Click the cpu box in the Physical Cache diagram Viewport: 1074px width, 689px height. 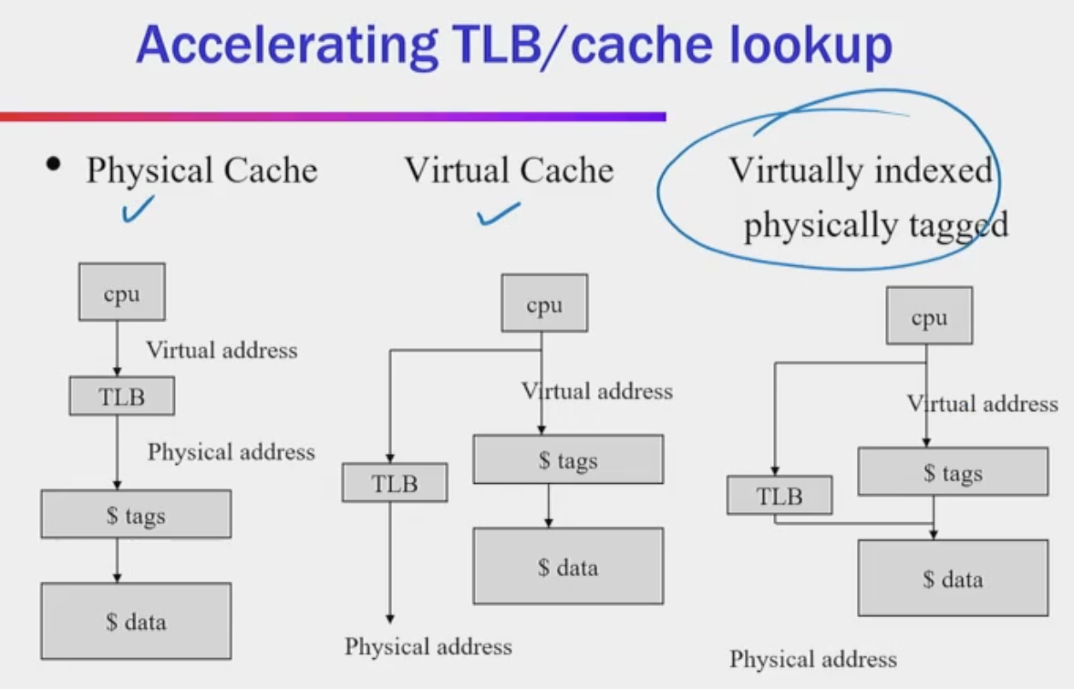(x=121, y=292)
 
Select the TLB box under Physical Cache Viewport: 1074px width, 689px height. (x=121, y=396)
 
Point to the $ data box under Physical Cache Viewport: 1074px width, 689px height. (x=136, y=622)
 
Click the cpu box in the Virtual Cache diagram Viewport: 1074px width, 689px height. (x=544, y=303)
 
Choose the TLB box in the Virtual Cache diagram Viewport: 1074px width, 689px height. (x=394, y=482)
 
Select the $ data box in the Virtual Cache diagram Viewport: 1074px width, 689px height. (x=567, y=566)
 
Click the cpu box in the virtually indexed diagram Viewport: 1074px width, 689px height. (x=929, y=315)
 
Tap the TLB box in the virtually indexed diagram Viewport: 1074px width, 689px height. (x=780, y=495)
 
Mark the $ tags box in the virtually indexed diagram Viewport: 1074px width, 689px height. (x=953, y=471)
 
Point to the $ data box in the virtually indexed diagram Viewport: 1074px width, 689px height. (x=953, y=578)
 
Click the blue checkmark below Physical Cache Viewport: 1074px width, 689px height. (x=137, y=211)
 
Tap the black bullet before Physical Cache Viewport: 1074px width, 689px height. (x=55, y=166)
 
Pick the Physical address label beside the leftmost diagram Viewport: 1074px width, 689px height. (x=231, y=452)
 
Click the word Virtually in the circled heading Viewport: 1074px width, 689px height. (x=791, y=170)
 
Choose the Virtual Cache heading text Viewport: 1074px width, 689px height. (x=509, y=170)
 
